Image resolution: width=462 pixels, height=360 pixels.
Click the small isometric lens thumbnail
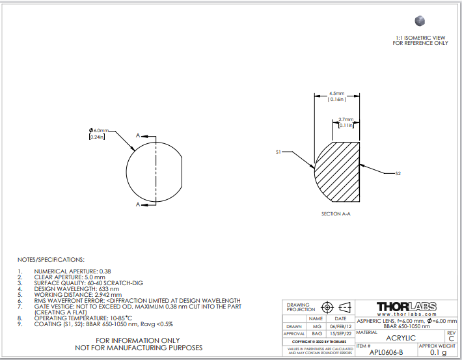420,21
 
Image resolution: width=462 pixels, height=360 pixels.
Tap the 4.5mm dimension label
337,94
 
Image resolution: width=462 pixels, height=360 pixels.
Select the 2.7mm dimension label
346,119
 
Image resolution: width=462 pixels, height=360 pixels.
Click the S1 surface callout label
279,152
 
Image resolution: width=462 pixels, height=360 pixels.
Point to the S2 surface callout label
398,173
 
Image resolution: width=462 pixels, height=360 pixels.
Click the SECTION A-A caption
336,214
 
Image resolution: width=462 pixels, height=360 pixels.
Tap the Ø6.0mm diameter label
99,130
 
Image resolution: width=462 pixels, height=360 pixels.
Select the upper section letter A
137,135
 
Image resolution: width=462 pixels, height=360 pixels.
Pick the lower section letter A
137,204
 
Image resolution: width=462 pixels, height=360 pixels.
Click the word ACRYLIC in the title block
401,338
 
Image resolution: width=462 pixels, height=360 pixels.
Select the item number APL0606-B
386,352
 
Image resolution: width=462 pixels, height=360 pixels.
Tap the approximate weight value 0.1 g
438,352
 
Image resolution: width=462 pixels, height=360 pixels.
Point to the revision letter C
451,339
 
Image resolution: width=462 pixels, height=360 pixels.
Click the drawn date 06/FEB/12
340,326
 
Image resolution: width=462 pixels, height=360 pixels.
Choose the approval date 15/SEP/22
340,333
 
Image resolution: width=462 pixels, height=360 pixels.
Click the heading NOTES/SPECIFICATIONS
51,260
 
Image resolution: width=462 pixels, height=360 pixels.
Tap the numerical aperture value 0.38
105,271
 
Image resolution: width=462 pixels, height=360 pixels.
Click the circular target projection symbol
327,307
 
